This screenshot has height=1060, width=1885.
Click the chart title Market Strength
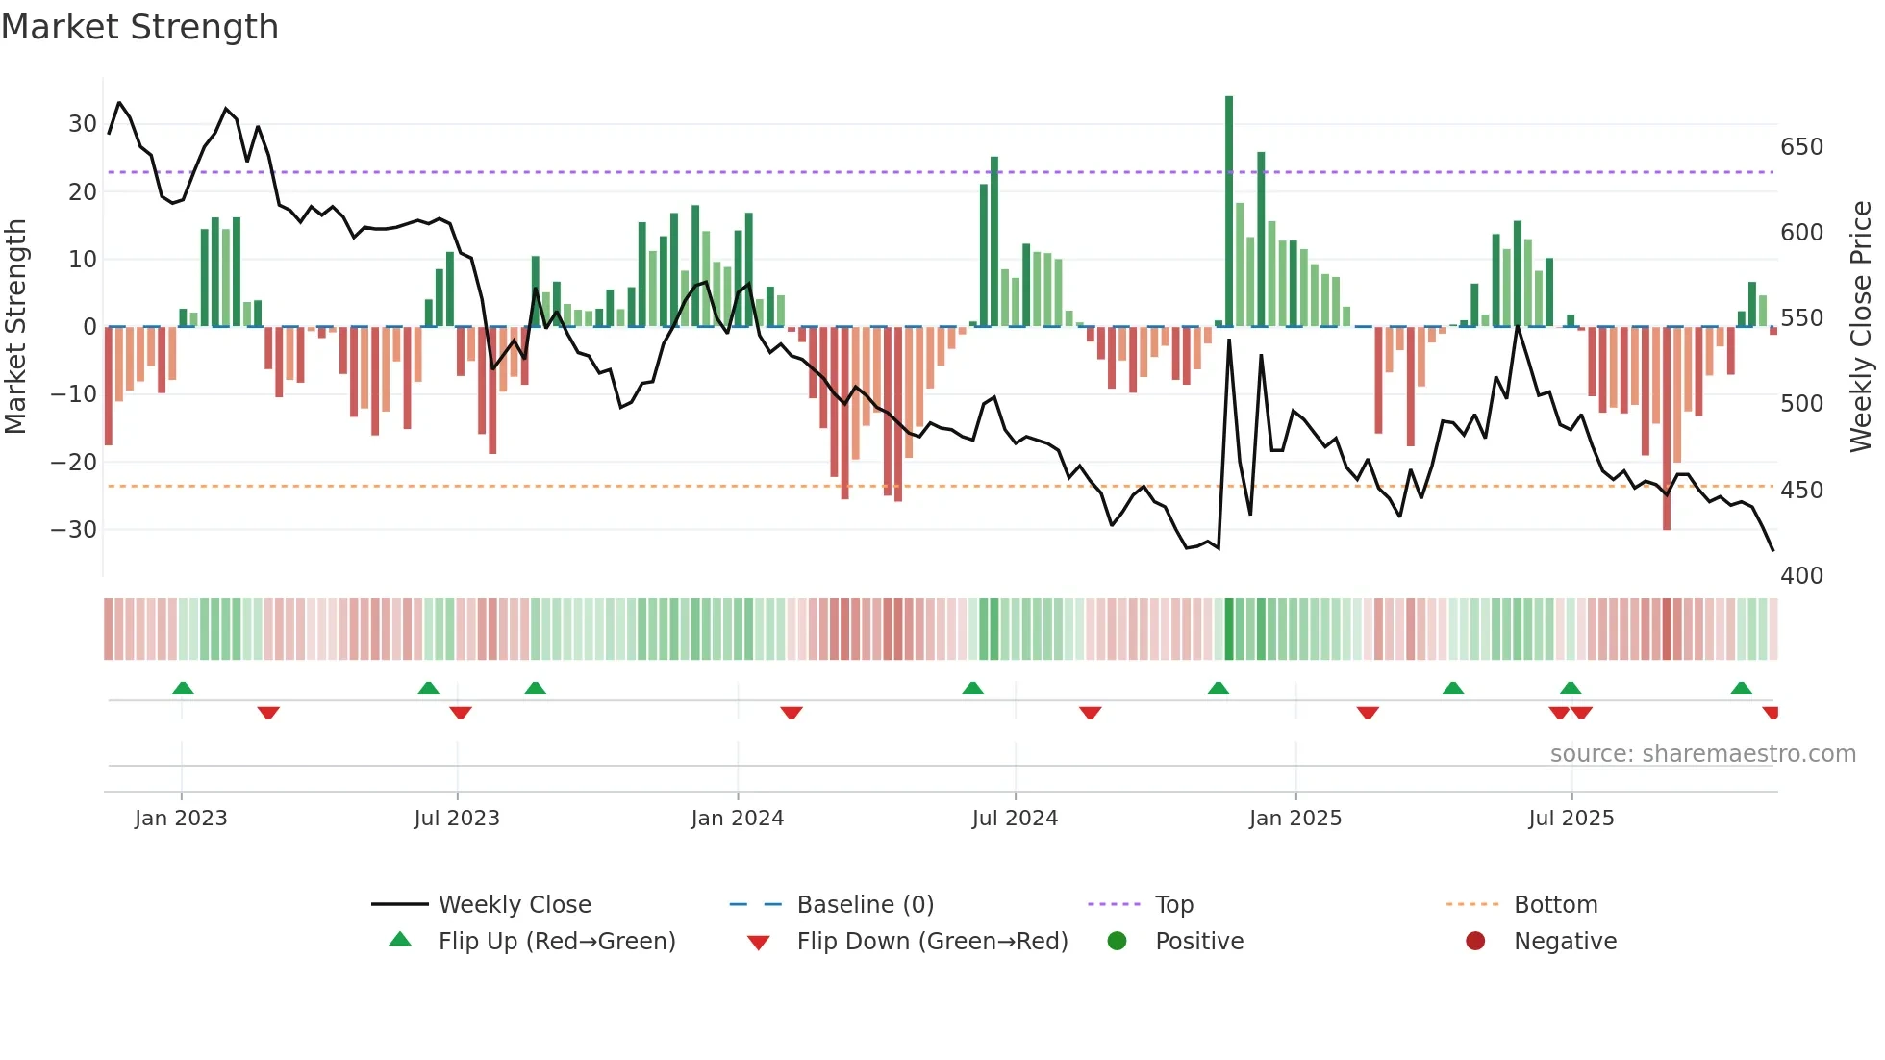[140, 27]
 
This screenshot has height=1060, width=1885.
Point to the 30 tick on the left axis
[83, 124]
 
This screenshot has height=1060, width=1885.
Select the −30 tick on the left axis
[75, 530]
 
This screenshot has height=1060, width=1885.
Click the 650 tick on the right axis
[1801, 147]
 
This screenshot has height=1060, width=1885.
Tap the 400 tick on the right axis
[1801, 576]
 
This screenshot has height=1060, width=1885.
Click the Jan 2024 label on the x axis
[737, 819]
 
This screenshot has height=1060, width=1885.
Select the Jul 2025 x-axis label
[1571, 819]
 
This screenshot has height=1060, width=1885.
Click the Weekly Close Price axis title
[1861, 327]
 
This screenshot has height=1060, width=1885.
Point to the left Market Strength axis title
[16, 327]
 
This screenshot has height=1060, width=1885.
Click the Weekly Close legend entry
[514, 905]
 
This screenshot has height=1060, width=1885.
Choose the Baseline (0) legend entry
[865, 905]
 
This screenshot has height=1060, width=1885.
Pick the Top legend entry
[1173, 905]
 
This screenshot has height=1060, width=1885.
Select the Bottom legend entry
[1555, 905]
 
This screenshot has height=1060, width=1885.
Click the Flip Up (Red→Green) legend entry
[556, 942]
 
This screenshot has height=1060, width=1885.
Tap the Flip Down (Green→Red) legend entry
[931, 942]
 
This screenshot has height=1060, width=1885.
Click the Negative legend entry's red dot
[1475, 942]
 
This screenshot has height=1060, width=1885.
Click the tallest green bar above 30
[1229, 212]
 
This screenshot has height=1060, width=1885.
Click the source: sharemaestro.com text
[1702, 754]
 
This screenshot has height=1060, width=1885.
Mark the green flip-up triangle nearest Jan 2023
[183, 688]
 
